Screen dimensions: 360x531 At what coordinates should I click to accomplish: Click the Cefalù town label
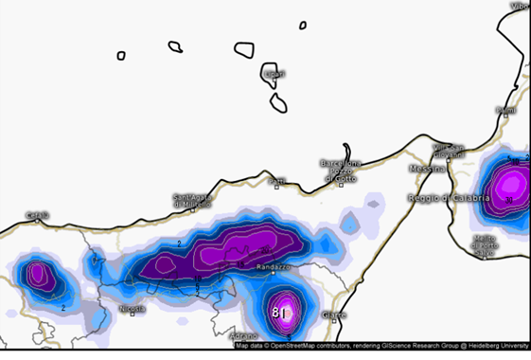click(x=37, y=214)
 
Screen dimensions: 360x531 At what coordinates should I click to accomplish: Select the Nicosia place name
click(x=133, y=309)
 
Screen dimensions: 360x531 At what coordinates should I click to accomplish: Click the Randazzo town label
click(x=274, y=268)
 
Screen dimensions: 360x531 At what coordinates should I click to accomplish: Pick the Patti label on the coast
click(x=276, y=180)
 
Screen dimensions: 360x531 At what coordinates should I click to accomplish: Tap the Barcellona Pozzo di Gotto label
click(x=342, y=171)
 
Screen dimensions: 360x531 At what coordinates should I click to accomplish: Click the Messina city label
click(x=426, y=169)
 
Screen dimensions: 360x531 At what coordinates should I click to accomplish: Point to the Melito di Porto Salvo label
click(x=486, y=245)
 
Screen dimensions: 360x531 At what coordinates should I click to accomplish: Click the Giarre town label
click(x=335, y=315)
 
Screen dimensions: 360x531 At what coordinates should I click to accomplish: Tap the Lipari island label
click(x=274, y=73)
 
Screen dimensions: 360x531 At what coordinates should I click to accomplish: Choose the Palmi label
click(x=507, y=111)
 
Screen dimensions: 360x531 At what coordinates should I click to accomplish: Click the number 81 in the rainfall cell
click(x=280, y=312)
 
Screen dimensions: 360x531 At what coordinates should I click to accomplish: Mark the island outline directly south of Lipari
click(x=278, y=102)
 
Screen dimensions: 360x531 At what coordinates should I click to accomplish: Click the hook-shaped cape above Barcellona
click(x=349, y=152)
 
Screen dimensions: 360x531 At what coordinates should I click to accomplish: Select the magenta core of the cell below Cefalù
click(x=38, y=275)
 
